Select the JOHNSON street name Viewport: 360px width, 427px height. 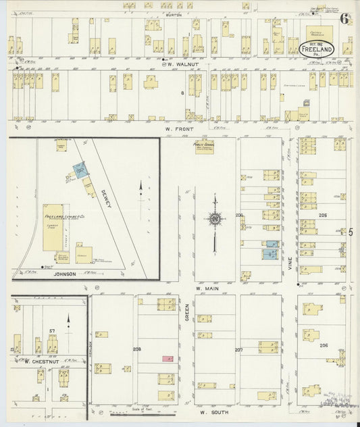(64, 275)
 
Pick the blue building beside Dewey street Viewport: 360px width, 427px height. (80, 170)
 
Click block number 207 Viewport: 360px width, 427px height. (238, 350)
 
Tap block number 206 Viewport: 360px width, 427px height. (324, 345)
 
